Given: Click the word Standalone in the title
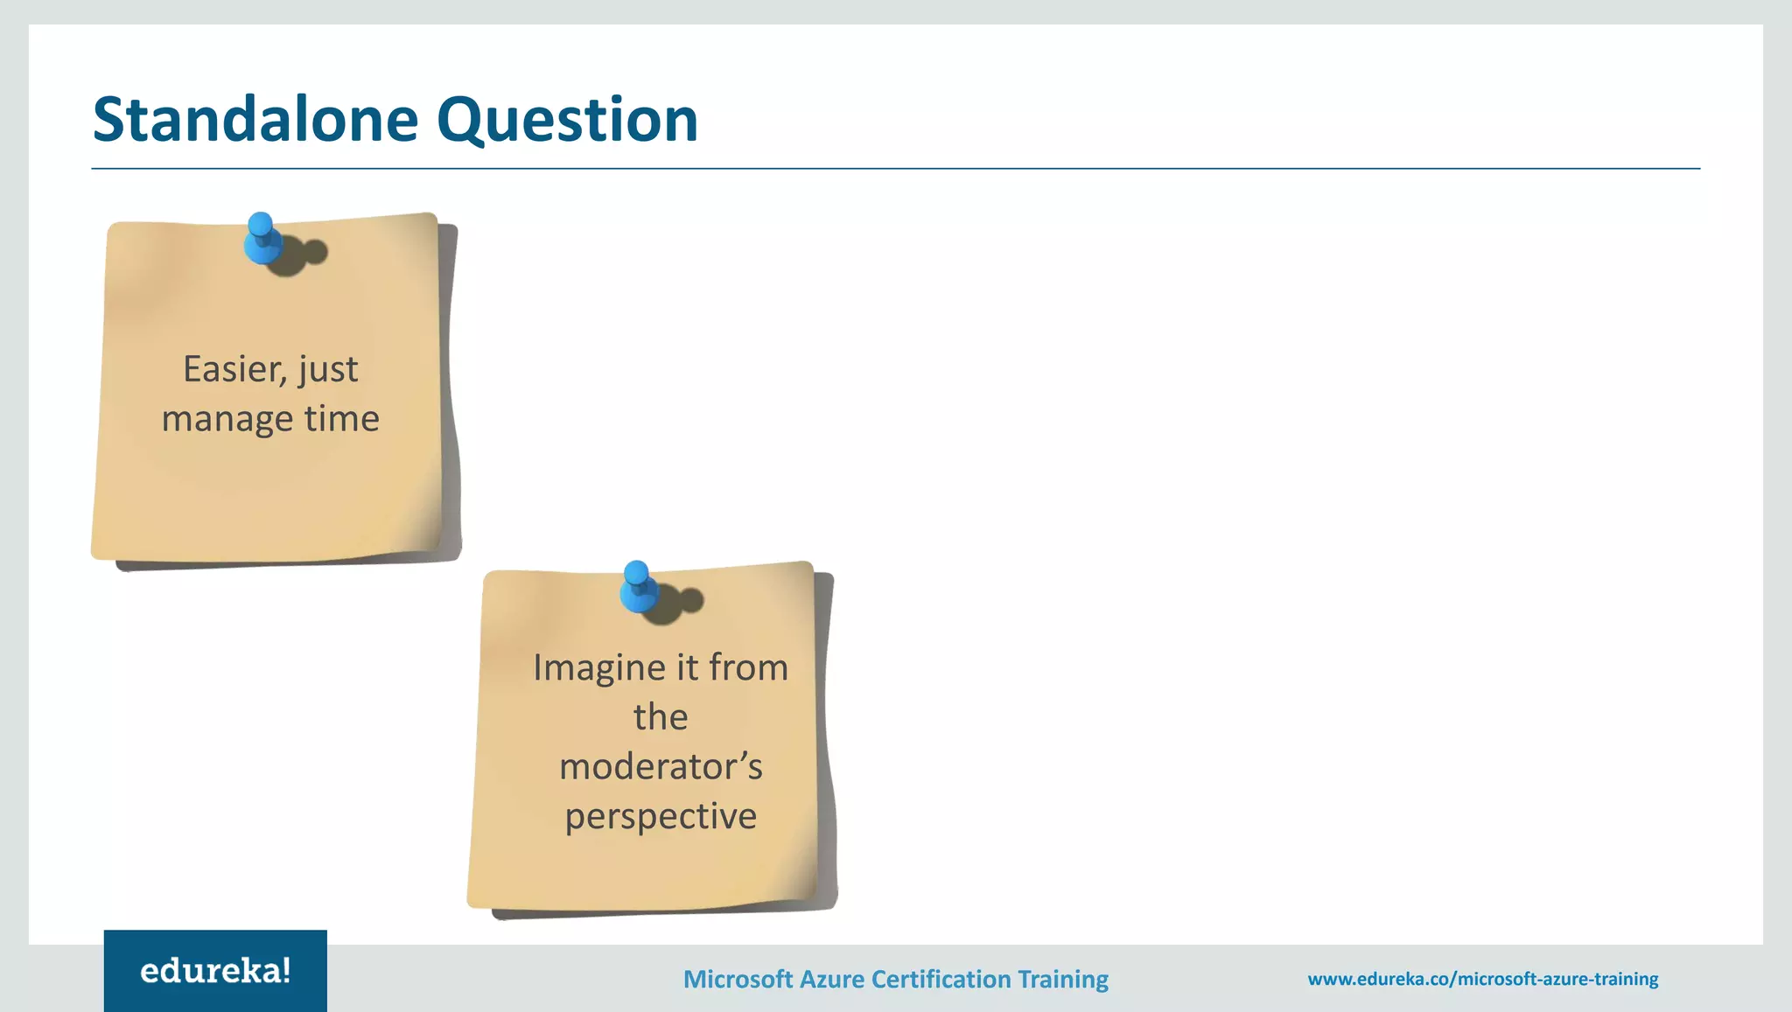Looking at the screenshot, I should click(x=255, y=120).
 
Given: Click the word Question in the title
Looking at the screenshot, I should click(x=567, y=122).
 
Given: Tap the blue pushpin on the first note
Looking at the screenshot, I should click(x=262, y=239).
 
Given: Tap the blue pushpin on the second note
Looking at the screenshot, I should click(x=638, y=587).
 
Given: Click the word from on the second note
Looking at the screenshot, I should click(x=748, y=667).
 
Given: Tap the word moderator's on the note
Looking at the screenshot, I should click(x=661, y=767).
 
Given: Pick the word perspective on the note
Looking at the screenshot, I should click(x=661, y=817).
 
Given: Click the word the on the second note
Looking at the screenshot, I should click(x=661, y=717).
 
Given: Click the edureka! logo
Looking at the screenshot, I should click(x=215, y=971).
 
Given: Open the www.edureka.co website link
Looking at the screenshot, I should click(x=1482, y=979).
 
